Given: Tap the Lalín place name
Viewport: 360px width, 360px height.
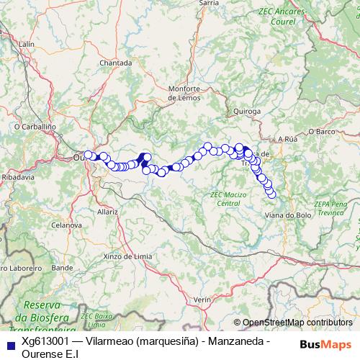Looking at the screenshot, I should coord(27,44).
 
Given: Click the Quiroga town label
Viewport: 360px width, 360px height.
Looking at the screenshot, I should coord(247,111).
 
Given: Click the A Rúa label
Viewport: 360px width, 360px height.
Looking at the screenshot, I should coord(287,138).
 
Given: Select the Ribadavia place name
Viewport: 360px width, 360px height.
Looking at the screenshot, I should coord(14,176).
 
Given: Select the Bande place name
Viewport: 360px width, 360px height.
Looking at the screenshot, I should coord(63,267).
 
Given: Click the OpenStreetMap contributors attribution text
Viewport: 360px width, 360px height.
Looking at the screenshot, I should coord(293,322).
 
